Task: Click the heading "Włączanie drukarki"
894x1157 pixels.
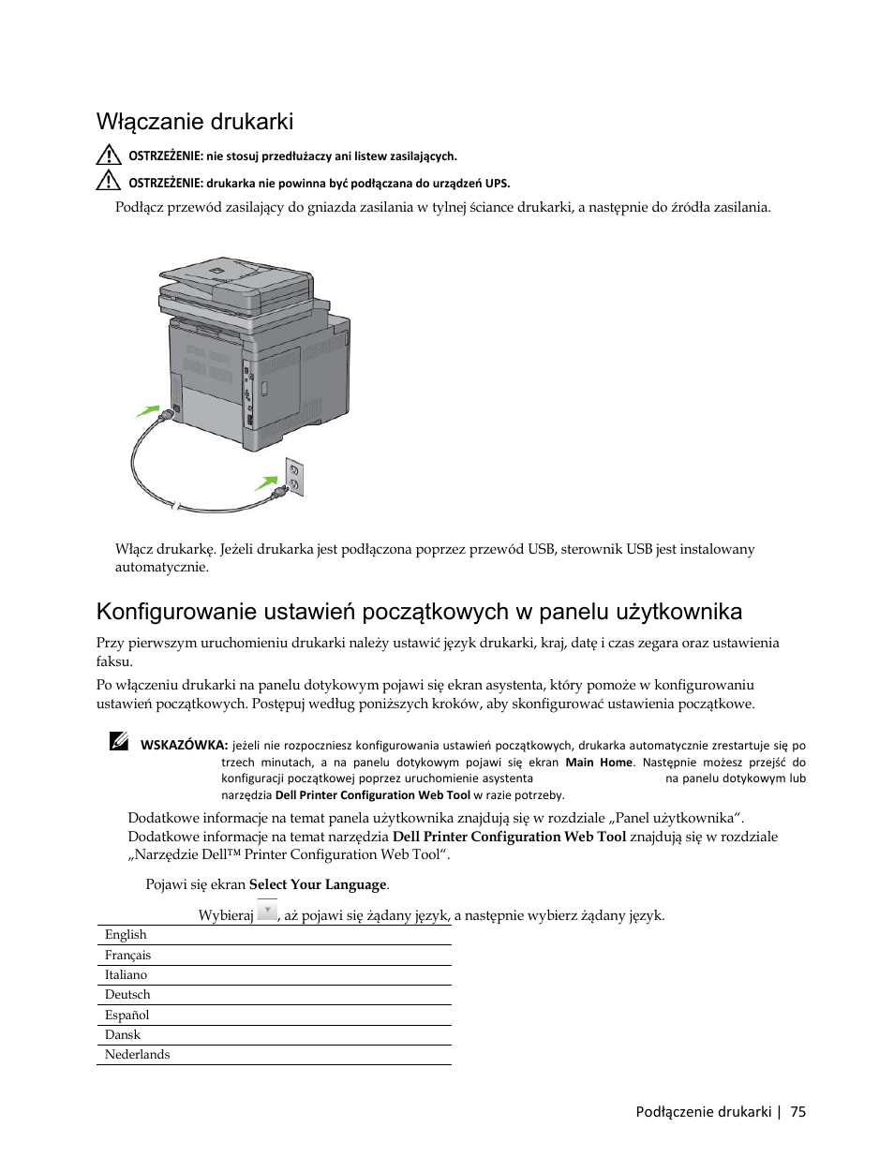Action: (x=194, y=122)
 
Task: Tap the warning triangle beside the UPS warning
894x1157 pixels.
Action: (x=108, y=182)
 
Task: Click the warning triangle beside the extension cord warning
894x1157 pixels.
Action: (x=108, y=155)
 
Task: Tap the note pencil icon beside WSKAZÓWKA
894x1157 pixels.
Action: (x=118, y=742)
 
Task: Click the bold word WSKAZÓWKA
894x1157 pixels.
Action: (x=184, y=746)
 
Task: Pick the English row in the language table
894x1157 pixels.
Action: (x=126, y=935)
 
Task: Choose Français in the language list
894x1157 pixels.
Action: (x=127, y=956)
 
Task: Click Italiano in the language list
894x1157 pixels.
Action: (x=126, y=975)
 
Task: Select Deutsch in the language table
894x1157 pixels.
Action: (x=127, y=995)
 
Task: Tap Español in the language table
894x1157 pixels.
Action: (x=127, y=1016)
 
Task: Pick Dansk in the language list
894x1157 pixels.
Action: (x=123, y=1035)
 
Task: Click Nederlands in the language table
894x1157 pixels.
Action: (x=137, y=1055)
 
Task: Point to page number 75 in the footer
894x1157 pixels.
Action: (x=797, y=1112)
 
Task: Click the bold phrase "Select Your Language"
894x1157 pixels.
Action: (x=318, y=885)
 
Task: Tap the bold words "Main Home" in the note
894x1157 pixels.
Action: (x=599, y=763)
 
